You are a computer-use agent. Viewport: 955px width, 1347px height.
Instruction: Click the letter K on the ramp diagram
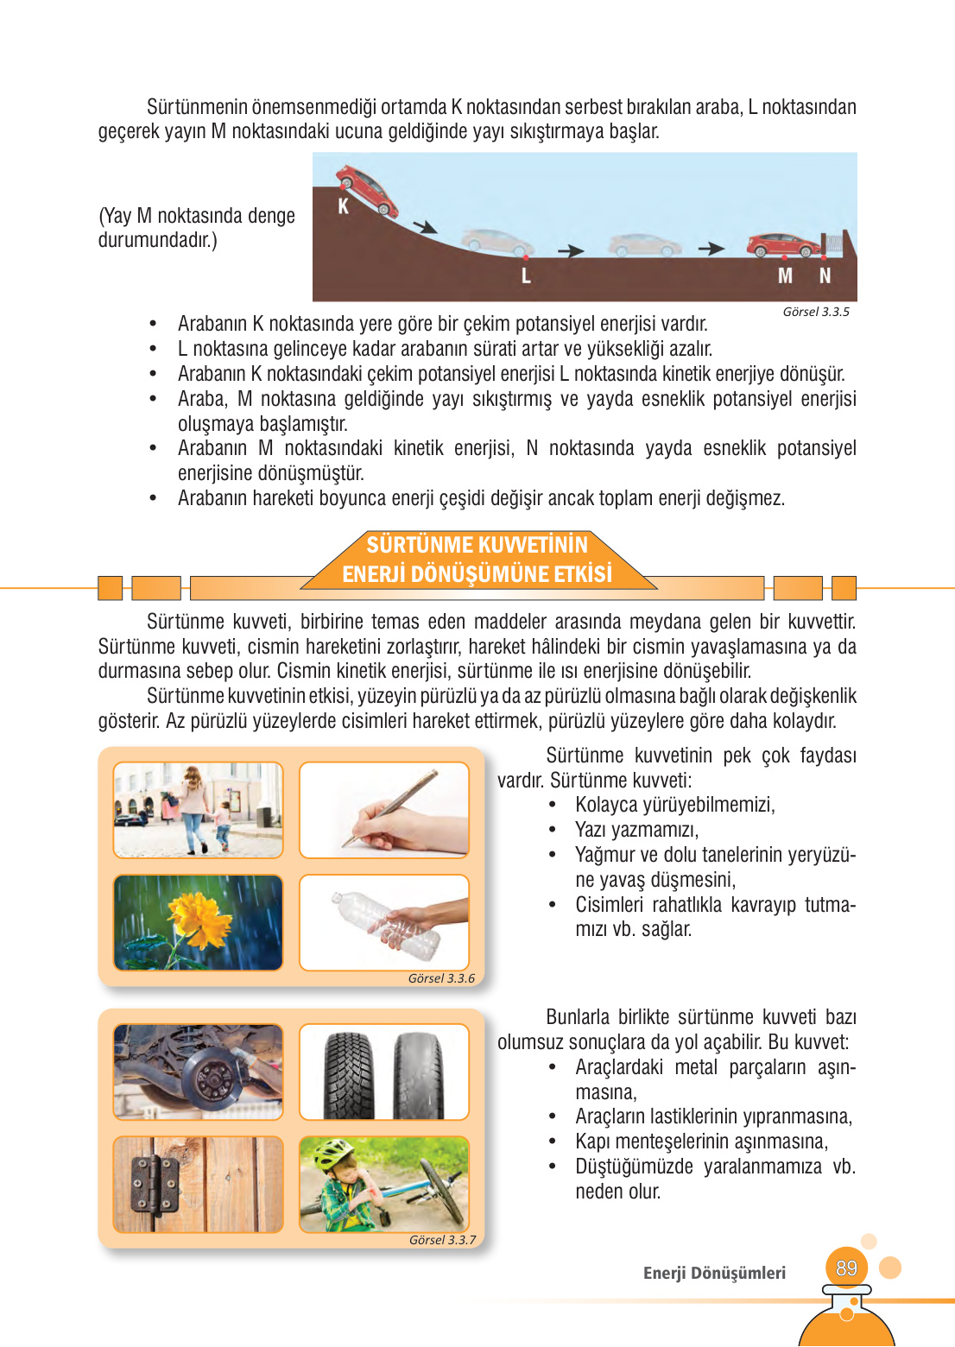coord(343,206)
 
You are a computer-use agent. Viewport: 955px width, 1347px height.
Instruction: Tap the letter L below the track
coord(525,276)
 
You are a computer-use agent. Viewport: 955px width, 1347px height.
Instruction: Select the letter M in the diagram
coord(785,276)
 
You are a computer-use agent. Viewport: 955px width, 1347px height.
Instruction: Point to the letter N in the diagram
coord(825,276)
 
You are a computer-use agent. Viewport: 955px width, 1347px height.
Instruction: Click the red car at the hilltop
coord(366,190)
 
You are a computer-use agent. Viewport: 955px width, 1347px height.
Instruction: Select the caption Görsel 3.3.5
coord(815,312)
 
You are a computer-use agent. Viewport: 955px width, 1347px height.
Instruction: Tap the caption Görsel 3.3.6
coord(441,978)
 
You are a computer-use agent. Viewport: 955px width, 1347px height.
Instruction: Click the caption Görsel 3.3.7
coord(442,1240)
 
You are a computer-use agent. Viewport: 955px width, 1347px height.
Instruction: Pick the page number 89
coord(846,1268)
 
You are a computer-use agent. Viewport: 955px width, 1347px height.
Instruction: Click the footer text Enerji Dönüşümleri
coord(714,1273)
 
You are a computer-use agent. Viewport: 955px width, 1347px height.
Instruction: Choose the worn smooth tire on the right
coord(419,1074)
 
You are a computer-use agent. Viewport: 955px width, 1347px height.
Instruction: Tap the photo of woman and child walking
coord(199,810)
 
